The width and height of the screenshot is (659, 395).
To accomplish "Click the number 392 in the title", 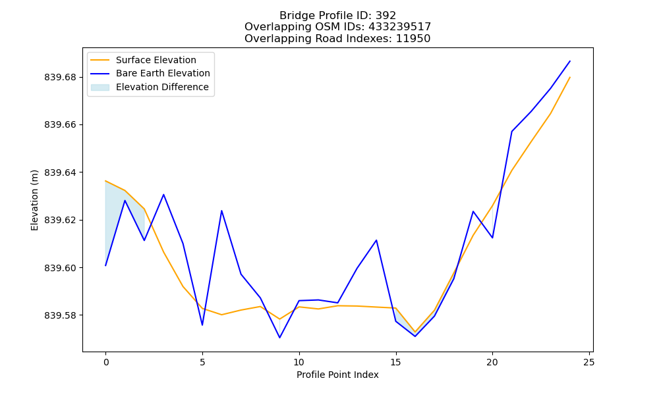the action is pos(386,16).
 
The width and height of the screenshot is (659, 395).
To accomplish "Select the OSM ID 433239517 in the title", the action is pos(400,27).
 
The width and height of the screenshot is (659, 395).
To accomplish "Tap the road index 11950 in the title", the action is pos(413,39).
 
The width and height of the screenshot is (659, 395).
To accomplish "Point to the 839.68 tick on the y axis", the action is pos(60,77).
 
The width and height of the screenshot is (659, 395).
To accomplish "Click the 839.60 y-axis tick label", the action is pos(60,268).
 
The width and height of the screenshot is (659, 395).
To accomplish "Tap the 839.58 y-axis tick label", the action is pos(60,315).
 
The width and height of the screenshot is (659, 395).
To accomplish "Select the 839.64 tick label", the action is pos(60,172).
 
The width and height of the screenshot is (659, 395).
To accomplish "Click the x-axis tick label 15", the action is pos(395,362).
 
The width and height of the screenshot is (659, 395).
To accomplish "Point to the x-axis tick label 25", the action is pos(589,362).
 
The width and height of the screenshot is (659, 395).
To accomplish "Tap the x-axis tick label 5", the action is pos(202,362).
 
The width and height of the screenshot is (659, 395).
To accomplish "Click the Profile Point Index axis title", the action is pos(337,375).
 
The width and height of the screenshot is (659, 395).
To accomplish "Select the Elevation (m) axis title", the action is pos(34,200).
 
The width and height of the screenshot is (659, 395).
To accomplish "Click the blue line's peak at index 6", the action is pos(221,210).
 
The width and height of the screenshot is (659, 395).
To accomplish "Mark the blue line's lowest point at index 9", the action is pos(279,338).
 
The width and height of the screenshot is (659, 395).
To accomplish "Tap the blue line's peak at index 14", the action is pos(376,240).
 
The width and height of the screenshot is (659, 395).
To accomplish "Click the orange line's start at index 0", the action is pos(105,181).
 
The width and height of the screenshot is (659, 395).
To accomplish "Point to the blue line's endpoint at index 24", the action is pos(570,61).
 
